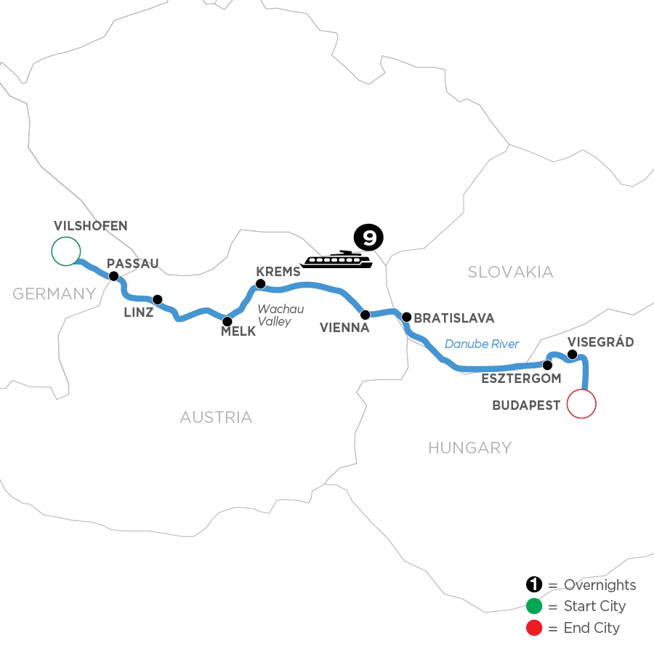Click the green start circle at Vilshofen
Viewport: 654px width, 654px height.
pos(65,251)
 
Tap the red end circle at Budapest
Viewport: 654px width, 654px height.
pos(581,404)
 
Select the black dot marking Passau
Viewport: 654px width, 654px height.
pos(113,276)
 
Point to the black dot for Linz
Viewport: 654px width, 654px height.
pos(157,299)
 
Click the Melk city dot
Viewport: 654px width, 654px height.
pos(227,320)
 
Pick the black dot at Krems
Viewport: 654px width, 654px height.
pos(260,283)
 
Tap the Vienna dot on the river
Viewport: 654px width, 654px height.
pos(366,315)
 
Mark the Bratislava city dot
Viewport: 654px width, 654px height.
pos(407,317)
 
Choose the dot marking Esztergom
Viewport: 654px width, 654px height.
pos(547,365)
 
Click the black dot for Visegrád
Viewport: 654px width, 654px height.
pos(572,355)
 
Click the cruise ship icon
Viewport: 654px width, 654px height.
pos(336,259)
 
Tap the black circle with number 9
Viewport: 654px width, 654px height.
pos(368,237)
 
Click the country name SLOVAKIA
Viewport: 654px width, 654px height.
pos(510,272)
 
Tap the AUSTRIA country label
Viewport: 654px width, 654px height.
pos(216,417)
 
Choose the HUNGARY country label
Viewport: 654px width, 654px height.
pos(469,448)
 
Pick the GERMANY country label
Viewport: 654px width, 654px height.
pos(54,294)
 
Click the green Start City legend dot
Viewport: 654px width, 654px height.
pos(534,606)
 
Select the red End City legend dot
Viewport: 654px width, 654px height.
pos(534,627)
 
